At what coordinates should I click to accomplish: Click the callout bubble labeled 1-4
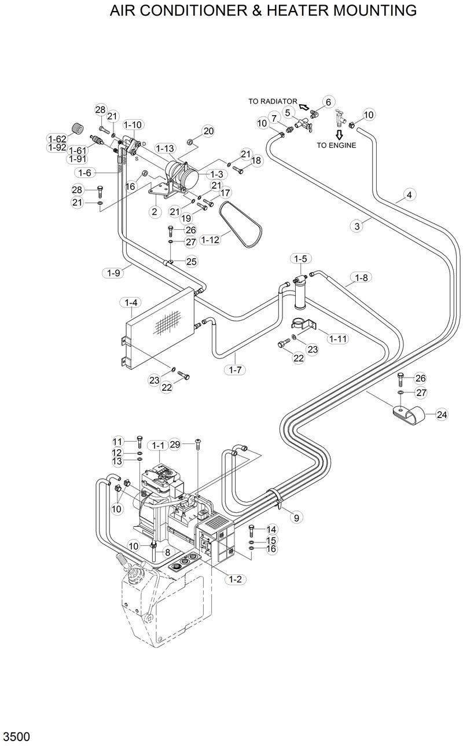(130, 302)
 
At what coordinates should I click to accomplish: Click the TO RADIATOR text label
(273, 101)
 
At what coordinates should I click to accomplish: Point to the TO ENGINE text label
(336, 145)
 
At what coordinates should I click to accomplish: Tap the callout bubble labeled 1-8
(361, 277)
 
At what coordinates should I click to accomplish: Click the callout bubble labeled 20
(208, 131)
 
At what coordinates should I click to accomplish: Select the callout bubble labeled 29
(175, 444)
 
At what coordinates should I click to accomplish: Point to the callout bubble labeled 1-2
(236, 578)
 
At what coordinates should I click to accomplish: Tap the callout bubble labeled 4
(409, 195)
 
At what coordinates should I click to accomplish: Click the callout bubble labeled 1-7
(235, 369)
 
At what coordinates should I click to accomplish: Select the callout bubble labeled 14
(271, 529)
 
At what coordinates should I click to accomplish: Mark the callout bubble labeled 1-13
(165, 149)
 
